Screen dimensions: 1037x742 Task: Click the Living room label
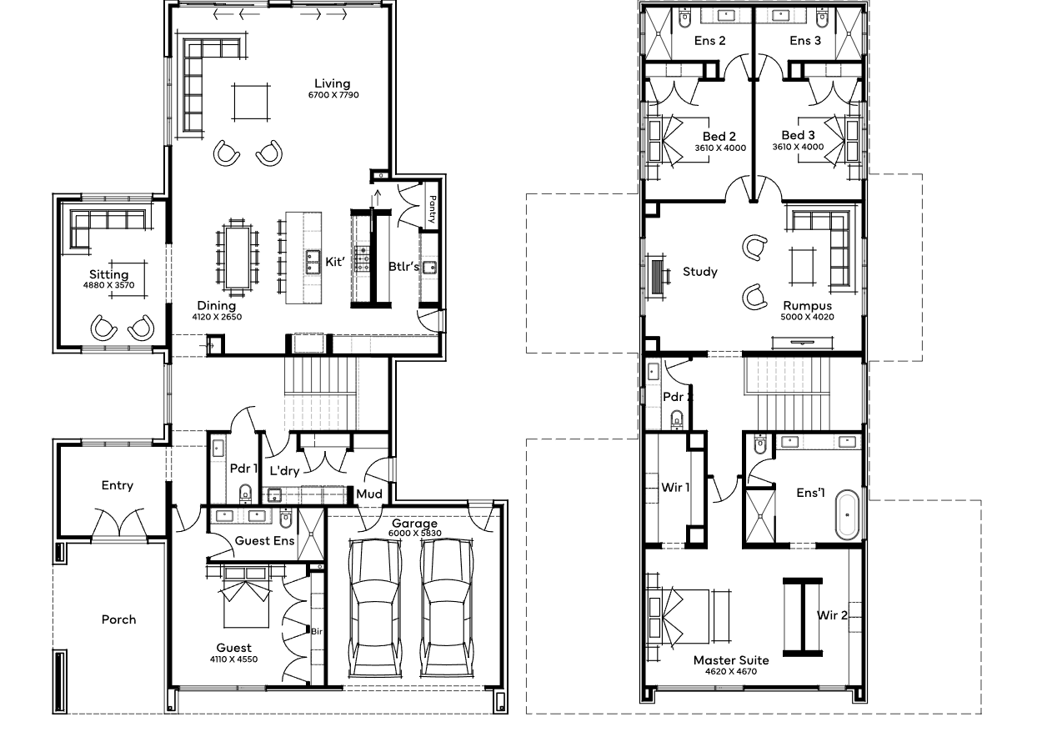click(x=333, y=83)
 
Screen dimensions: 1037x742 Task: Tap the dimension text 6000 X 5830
click(x=415, y=533)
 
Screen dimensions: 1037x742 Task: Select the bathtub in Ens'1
click(x=847, y=514)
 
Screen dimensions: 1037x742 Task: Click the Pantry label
click(x=433, y=209)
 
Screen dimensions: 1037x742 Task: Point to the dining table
click(x=238, y=258)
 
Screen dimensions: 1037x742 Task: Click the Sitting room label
click(x=109, y=274)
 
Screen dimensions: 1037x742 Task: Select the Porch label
click(x=119, y=619)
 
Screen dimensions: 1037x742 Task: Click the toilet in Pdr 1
click(x=245, y=493)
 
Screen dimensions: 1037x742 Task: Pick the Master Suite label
click(x=731, y=660)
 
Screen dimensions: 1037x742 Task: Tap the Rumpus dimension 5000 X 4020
click(x=808, y=317)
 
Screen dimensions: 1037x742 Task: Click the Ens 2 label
click(x=709, y=41)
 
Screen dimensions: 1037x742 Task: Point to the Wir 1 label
click(x=675, y=487)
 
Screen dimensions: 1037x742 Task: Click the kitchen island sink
click(x=313, y=262)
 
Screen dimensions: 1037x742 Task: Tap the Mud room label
click(x=369, y=494)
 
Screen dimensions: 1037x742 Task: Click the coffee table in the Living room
click(x=252, y=102)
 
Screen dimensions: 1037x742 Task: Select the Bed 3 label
click(x=798, y=135)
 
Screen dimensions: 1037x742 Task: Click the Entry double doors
click(x=119, y=522)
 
